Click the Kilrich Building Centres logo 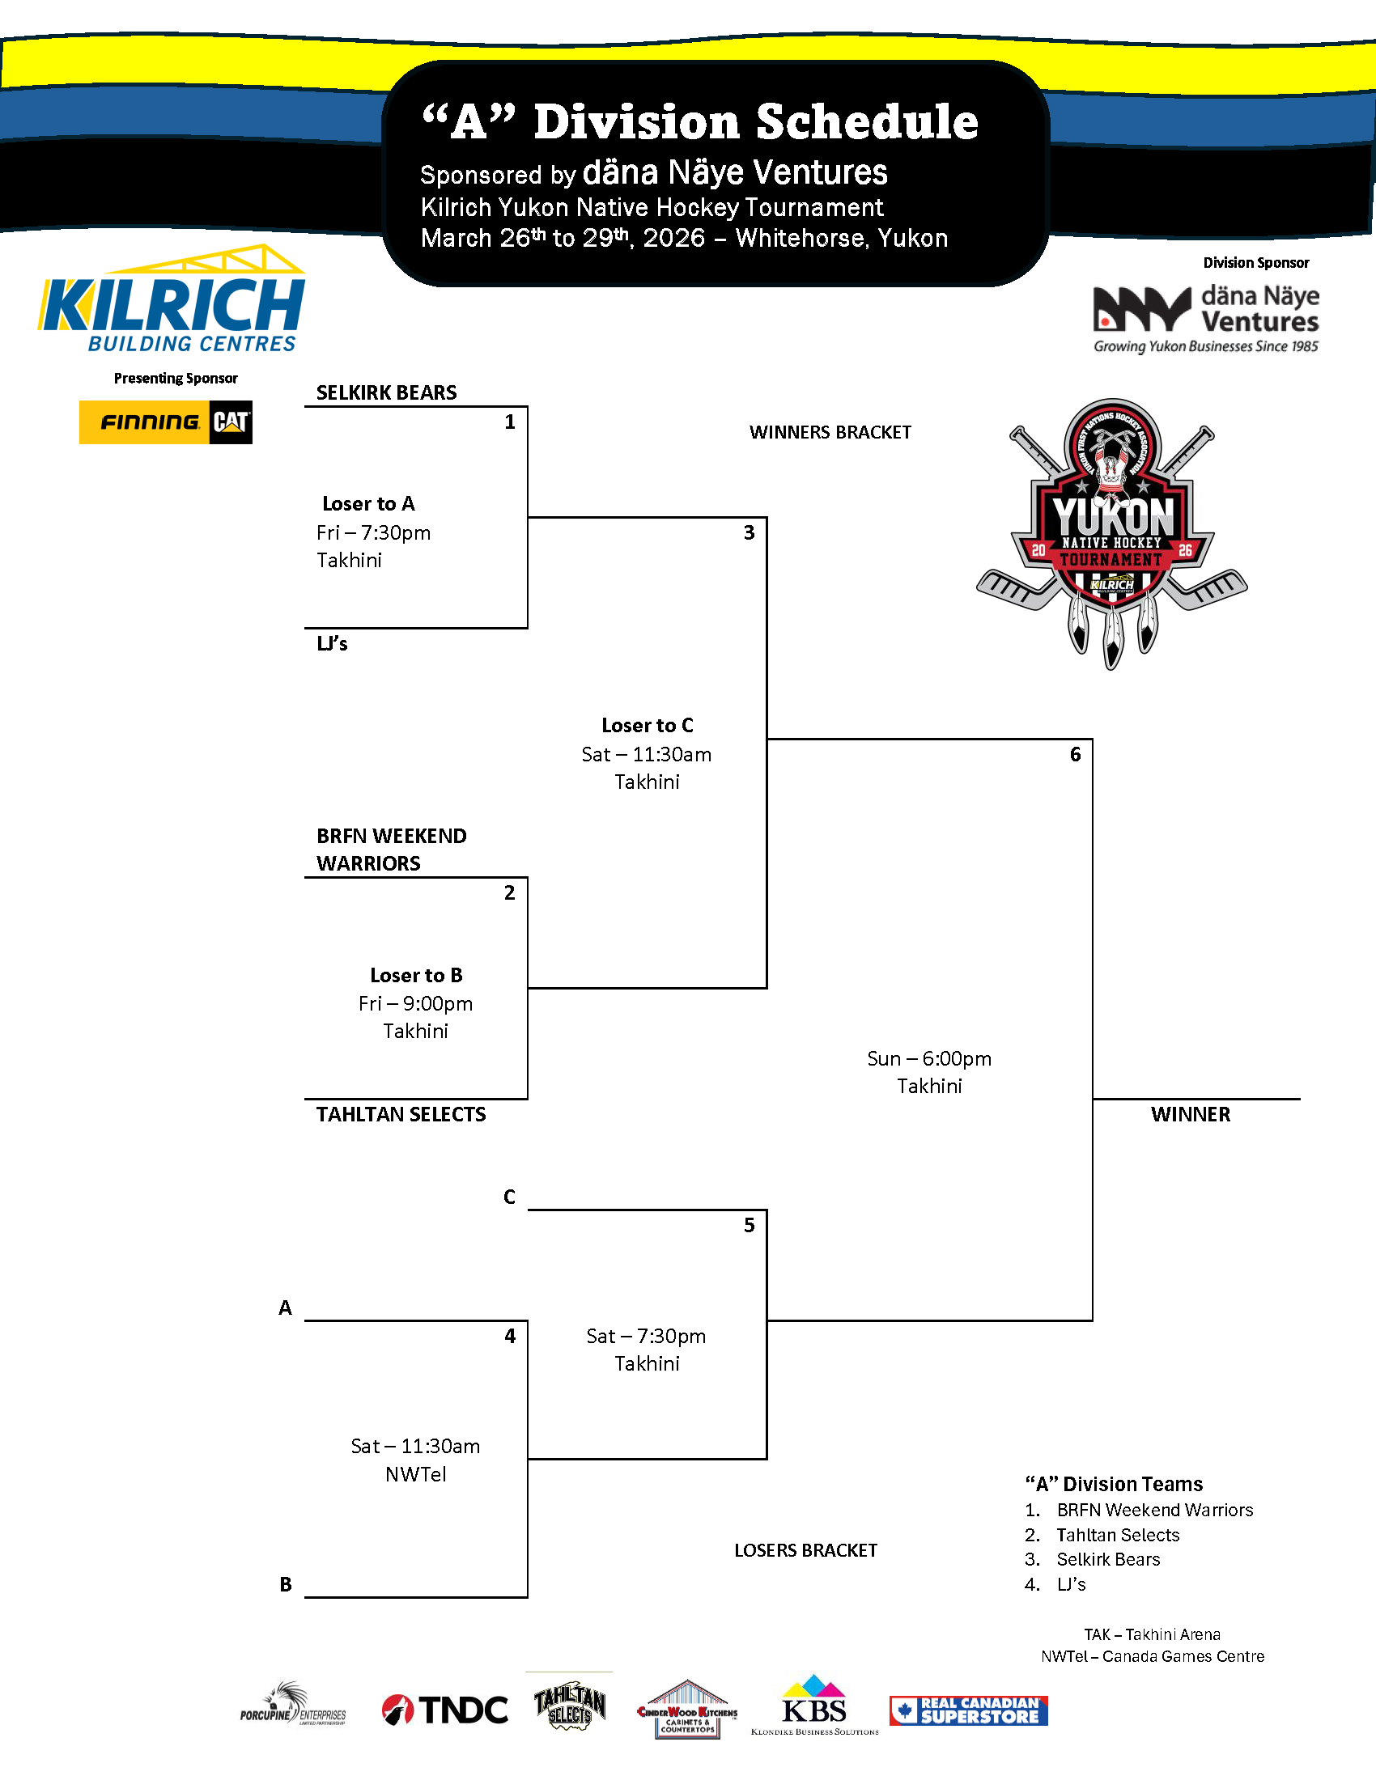[x=172, y=303]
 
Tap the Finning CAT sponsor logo [x=165, y=422]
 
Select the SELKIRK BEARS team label [x=386, y=393]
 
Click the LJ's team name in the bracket [x=332, y=644]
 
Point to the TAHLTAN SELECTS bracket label [x=401, y=1115]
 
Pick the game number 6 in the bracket [x=1075, y=755]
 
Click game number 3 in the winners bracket [x=750, y=533]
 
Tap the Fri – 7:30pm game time [x=373, y=533]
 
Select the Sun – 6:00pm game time [x=929, y=1059]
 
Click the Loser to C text [x=648, y=726]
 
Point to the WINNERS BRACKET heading [x=830, y=433]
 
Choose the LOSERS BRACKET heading [x=805, y=1550]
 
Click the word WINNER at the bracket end [x=1190, y=1115]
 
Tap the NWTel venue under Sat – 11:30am [x=416, y=1474]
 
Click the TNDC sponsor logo [x=445, y=1709]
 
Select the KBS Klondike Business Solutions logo [x=814, y=1706]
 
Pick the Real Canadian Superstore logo [x=968, y=1710]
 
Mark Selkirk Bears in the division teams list [x=1108, y=1559]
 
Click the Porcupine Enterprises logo [x=293, y=1705]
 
